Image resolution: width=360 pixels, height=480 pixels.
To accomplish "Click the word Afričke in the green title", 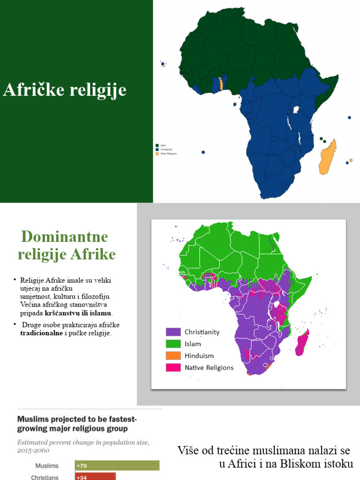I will click(32, 90).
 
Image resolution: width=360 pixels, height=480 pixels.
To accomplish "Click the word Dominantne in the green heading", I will click(64, 236).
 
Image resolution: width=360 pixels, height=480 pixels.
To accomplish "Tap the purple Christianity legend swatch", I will click(173, 332).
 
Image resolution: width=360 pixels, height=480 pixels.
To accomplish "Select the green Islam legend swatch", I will click(173, 344).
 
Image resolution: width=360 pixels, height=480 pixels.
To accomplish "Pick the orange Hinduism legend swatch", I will click(173, 356).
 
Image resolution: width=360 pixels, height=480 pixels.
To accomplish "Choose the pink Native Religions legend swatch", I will click(173, 367).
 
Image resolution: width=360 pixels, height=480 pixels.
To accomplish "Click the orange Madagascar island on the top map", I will click(327, 157).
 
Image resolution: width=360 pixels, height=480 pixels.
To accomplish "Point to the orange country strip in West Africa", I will click(220, 84).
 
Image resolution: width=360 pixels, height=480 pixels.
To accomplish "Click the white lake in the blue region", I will click(296, 110).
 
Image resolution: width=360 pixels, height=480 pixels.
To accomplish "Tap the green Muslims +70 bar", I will click(117, 465).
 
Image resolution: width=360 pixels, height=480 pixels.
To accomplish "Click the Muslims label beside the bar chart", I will click(47, 466).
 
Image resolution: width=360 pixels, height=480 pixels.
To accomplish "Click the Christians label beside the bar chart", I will click(45, 477).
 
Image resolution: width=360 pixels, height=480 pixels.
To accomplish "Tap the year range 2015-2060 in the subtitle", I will click(33, 450).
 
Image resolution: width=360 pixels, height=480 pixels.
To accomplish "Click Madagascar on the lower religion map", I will click(303, 343).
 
